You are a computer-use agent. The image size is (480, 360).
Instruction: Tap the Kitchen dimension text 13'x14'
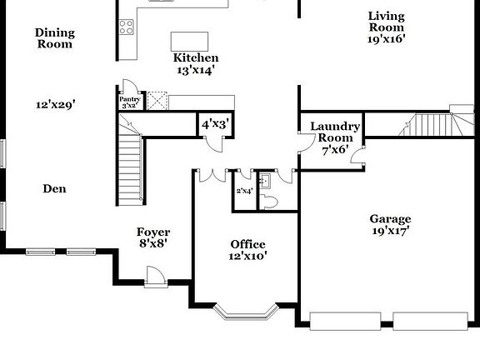pyautogui.click(x=195, y=71)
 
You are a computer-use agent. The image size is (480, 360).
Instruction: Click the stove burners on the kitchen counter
pyautogui.click(x=127, y=27)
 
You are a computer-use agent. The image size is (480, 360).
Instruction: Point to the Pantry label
pyautogui.click(x=130, y=98)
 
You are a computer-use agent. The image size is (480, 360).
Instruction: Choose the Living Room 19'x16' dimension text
pyautogui.click(x=387, y=38)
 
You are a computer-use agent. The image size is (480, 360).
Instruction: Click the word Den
pyautogui.click(x=55, y=189)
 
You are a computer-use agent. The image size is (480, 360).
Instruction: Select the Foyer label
pyautogui.click(x=153, y=232)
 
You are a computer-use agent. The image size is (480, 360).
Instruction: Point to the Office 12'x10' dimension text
pyautogui.click(x=248, y=257)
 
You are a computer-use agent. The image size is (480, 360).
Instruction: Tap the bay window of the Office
pyautogui.click(x=245, y=313)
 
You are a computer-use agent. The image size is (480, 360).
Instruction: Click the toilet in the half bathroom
pyautogui.click(x=268, y=201)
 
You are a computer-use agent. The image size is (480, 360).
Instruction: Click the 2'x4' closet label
pyautogui.click(x=243, y=192)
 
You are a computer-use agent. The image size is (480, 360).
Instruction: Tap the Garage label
pyautogui.click(x=390, y=219)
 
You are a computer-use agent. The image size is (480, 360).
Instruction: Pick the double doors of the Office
pyautogui.click(x=216, y=176)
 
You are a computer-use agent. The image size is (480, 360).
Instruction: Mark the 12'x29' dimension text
pyautogui.click(x=56, y=105)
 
